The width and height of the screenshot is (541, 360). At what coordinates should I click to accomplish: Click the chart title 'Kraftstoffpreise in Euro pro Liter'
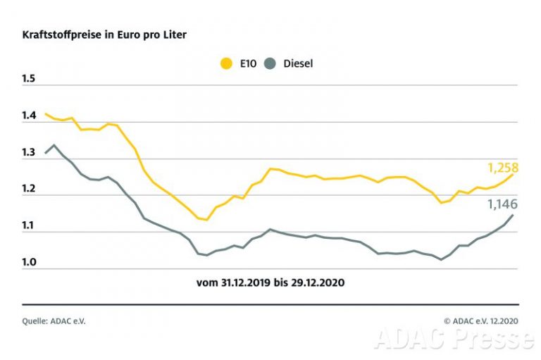[104, 35]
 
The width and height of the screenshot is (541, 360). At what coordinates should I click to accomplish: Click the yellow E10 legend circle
[227, 63]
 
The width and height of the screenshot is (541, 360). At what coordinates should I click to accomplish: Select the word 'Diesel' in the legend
[297, 63]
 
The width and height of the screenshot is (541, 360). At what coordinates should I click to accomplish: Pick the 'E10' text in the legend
[247, 63]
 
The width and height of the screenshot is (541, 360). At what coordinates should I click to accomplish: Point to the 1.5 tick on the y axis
[29, 78]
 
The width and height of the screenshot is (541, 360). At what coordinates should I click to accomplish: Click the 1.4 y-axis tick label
[29, 115]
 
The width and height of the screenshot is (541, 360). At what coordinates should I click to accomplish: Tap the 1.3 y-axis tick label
[29, 151]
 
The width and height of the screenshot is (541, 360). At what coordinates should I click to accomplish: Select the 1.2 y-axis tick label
[29, 188]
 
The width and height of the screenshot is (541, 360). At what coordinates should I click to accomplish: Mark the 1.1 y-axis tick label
[29, 225]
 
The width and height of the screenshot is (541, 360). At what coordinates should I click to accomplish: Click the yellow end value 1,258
[502, 168]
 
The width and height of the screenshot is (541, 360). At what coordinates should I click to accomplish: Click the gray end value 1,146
[502, 204]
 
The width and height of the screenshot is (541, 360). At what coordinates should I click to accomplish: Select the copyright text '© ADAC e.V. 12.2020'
[480, 320]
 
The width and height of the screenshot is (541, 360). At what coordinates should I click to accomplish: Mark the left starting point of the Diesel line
[46, 153]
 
